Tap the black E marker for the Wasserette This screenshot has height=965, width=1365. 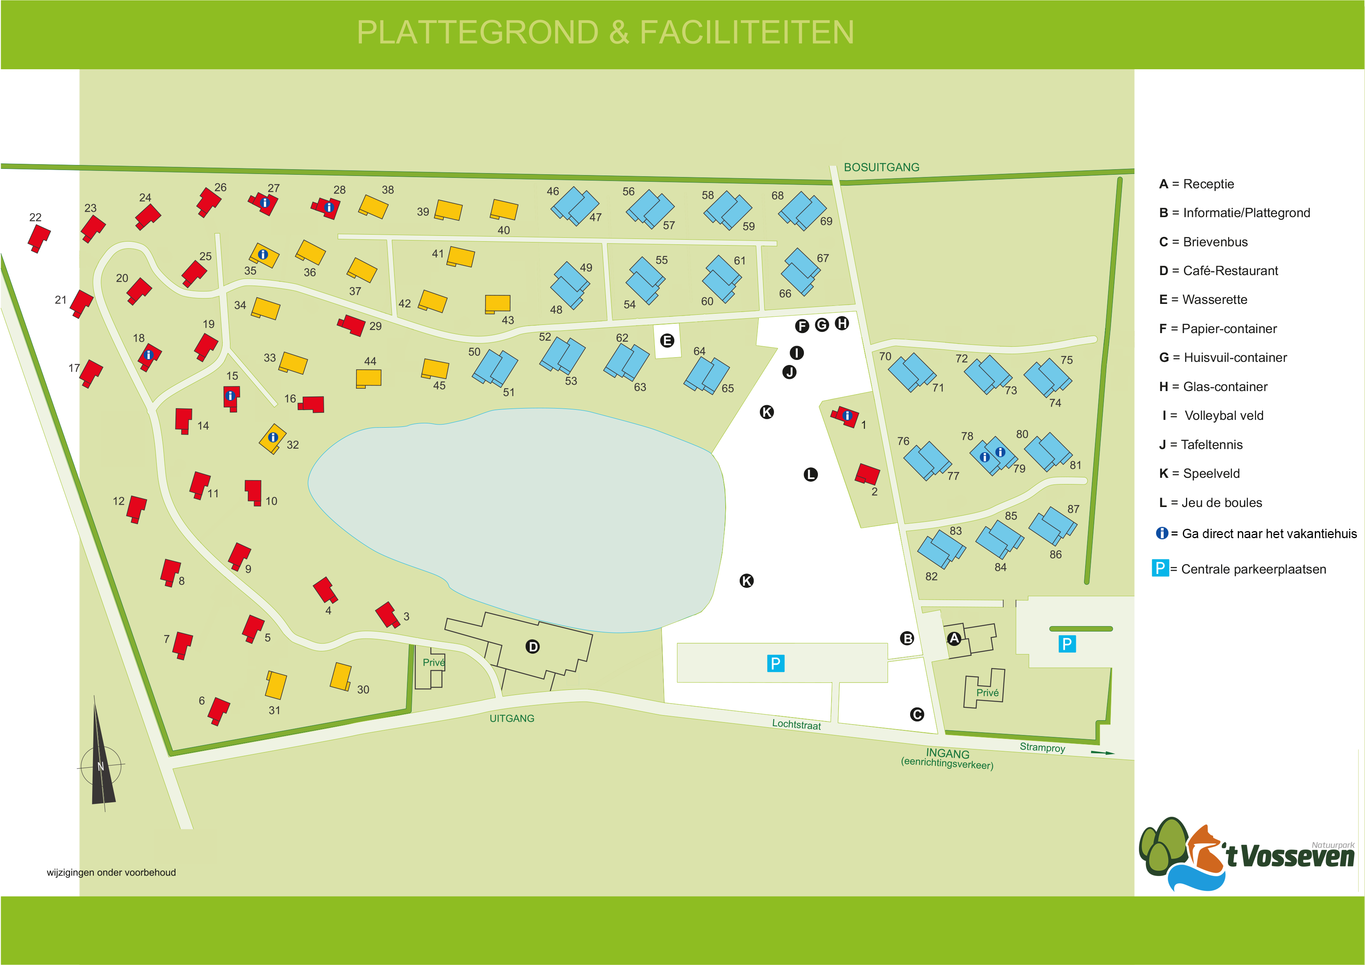(667, 341)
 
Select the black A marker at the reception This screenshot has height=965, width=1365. (954, 639)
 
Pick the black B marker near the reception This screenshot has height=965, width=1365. (907, 639)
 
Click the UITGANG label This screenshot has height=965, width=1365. (512, 718)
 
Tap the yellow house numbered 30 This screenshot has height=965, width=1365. (340, 677)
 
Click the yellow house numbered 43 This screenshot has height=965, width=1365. (498, 304)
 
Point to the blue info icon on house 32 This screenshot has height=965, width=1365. (273, 437)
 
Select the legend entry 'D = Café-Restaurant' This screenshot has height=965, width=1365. (1218, 271)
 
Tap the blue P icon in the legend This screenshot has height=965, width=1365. (1160, 568)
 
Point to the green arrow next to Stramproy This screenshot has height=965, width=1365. (1102, 753)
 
